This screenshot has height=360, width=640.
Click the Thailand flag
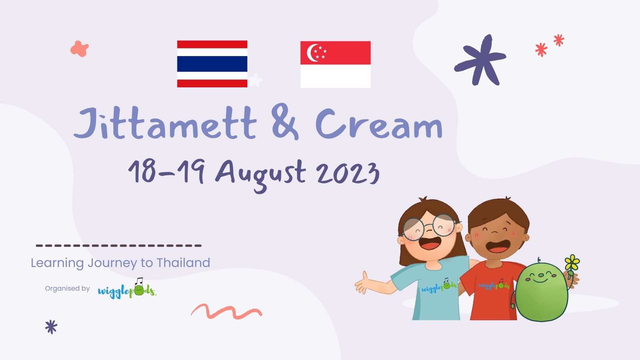212,64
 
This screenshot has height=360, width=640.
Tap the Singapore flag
335,64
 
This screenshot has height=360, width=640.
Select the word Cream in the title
379,124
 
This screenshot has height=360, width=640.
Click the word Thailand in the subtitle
183,263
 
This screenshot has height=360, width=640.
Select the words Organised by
67,288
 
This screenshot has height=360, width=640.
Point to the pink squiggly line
227,312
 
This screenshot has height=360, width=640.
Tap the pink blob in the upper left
79,49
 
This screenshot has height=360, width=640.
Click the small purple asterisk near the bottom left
51,327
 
